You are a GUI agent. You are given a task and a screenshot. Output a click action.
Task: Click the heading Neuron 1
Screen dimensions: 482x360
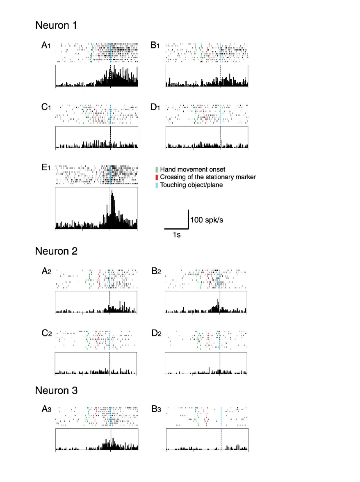[56, 25]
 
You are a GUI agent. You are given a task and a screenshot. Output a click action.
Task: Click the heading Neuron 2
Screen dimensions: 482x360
[56, 251]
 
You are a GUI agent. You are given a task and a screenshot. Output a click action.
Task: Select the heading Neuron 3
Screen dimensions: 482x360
[56, 390]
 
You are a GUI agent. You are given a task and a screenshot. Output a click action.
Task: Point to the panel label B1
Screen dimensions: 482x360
[155, 45]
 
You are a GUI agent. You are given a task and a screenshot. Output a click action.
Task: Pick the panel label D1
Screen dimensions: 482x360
[155, 107]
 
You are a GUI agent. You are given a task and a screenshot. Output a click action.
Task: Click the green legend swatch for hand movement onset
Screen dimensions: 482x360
[156, 169]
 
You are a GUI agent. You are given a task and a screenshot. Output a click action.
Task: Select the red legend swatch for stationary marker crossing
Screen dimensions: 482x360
[156, 177]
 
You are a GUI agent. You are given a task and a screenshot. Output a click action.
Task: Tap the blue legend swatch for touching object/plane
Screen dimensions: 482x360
[156, 185]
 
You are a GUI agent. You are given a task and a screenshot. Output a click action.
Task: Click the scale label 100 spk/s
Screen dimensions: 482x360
[207, 220]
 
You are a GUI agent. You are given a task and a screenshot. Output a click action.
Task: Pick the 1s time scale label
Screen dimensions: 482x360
[176, 235]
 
